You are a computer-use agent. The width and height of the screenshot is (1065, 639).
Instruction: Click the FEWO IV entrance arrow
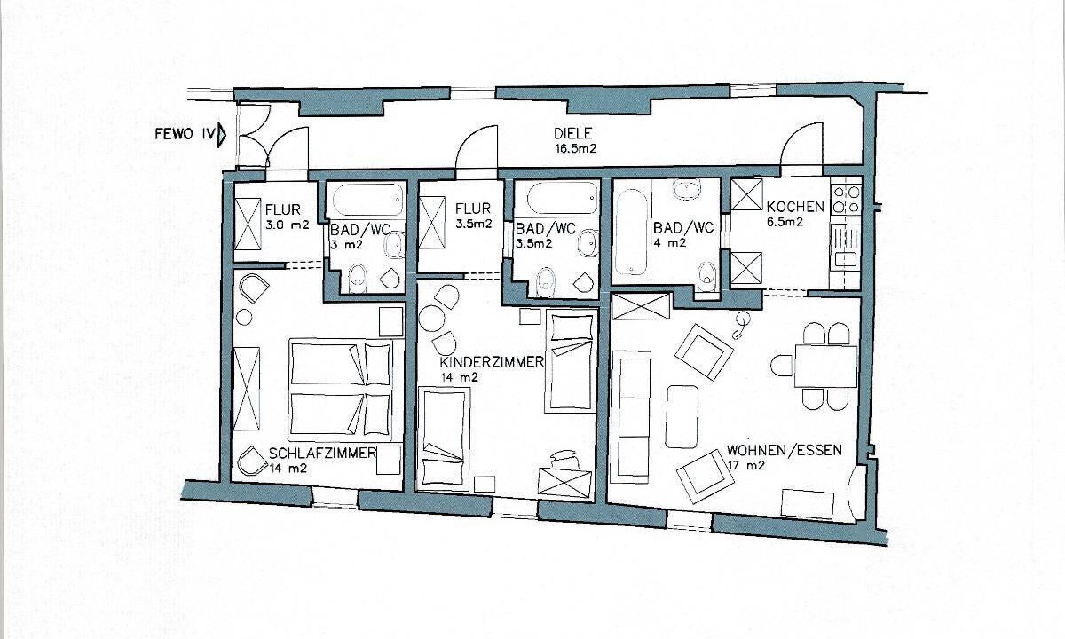(222, 135)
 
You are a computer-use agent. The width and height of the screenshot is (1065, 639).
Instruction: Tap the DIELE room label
(573, 133)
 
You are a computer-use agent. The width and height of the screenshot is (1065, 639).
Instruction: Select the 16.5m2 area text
(575, 149)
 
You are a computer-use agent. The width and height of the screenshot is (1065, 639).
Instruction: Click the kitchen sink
(845, 259)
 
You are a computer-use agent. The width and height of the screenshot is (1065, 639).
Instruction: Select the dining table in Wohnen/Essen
(826, 366)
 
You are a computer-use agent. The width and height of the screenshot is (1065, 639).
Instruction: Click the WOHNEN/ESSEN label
(785, 450)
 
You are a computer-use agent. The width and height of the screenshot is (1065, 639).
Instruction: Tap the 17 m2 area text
(746, 465)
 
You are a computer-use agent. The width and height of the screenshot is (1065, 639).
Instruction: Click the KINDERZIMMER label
(492, 362)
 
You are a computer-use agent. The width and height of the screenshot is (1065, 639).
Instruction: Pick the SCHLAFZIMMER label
(323, 454)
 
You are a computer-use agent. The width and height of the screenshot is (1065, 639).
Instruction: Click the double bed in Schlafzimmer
(341, 390)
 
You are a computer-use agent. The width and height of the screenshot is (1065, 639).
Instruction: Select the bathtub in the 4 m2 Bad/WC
(631, 233)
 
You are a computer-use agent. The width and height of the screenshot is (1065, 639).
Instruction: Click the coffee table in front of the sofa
(682, 416)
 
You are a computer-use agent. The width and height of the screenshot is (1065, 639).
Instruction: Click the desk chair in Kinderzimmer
(564, 458)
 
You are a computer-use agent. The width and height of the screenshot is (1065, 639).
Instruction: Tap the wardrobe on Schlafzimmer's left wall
(248, 389)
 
